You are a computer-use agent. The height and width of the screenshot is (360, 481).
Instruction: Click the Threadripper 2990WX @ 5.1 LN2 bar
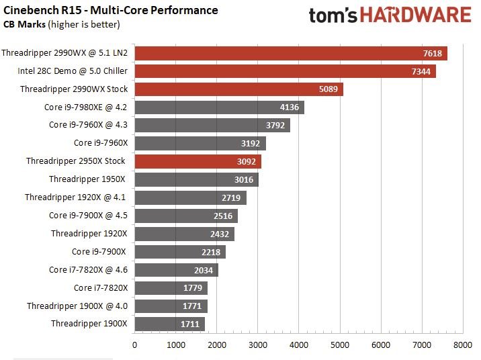pyautogui.click(x=290, y=53)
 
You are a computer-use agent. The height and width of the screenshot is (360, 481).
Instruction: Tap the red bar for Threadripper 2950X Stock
pyautogui.click(x=198, y=161)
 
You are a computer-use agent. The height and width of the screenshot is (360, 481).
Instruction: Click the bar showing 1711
pyautogui.click(x=169, y=324)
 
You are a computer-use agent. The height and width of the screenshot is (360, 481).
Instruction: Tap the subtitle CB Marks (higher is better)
pyautogui.click(x=62, y=24)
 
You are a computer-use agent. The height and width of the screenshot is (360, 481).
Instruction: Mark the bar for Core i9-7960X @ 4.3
pyautogui.click(x=212, y=125)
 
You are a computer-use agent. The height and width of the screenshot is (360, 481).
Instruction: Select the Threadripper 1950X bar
pyautogui.click(x=196, y=179)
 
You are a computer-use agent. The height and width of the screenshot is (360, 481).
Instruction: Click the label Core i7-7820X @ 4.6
pyautogui.click(x=88, y=270)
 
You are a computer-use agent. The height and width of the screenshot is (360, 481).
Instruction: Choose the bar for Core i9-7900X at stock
pyautogui.click(x=180, y=252)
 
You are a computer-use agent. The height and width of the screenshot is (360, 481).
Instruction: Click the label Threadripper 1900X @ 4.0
pyautogui.click(x=77, y=306)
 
